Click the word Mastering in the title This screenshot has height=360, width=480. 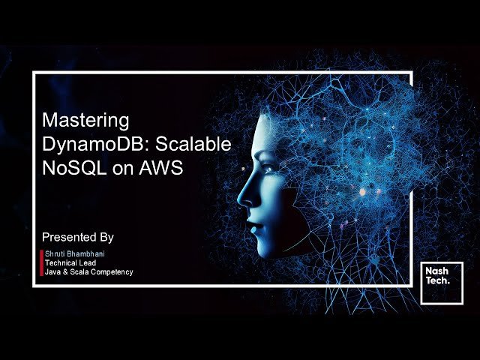point(85,120)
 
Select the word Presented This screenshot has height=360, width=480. point(70,237)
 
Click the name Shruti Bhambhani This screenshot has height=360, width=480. point(75,254)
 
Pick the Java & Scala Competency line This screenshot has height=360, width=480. point(88,272)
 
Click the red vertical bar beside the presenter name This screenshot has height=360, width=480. point(41,263)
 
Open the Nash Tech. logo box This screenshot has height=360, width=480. point(441,283)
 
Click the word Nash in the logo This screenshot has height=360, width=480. point(436,271)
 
